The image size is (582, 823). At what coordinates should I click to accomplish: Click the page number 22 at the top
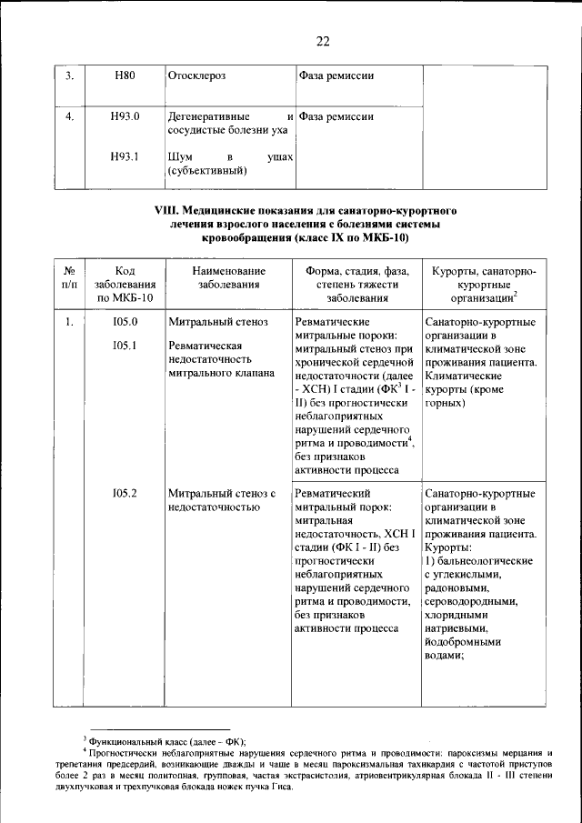(x=323, y=41)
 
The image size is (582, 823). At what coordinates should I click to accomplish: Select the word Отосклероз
(x=196, y=75)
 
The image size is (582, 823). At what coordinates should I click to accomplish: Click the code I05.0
(x=125, y=322)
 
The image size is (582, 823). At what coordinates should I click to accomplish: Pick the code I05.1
(x=125, y=346)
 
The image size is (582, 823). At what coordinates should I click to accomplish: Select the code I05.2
(x=125, y=494)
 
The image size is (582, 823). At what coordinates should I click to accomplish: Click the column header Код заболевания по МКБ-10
(x=125, y=284)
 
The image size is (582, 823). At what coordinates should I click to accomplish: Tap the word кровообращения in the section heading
(x=243, y=238)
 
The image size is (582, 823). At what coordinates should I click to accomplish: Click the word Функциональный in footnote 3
(x=127, y=741)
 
